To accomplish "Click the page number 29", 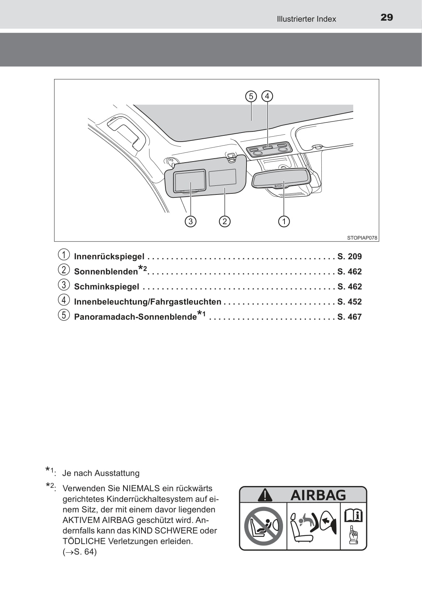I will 387,17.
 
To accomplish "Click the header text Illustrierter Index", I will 306,19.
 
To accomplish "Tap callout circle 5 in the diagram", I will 251,96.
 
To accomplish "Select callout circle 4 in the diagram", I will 267,96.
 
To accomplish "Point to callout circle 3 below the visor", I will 190,221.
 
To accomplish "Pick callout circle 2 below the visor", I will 225,221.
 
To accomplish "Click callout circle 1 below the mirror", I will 284,221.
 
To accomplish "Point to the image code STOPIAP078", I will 362,238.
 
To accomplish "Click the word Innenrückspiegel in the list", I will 109,256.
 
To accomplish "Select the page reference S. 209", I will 349,256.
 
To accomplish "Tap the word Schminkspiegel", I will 106,287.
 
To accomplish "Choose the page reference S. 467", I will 349,317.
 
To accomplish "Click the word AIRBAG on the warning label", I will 318,495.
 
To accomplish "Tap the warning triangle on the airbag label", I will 265,495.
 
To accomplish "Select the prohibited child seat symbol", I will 263,526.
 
